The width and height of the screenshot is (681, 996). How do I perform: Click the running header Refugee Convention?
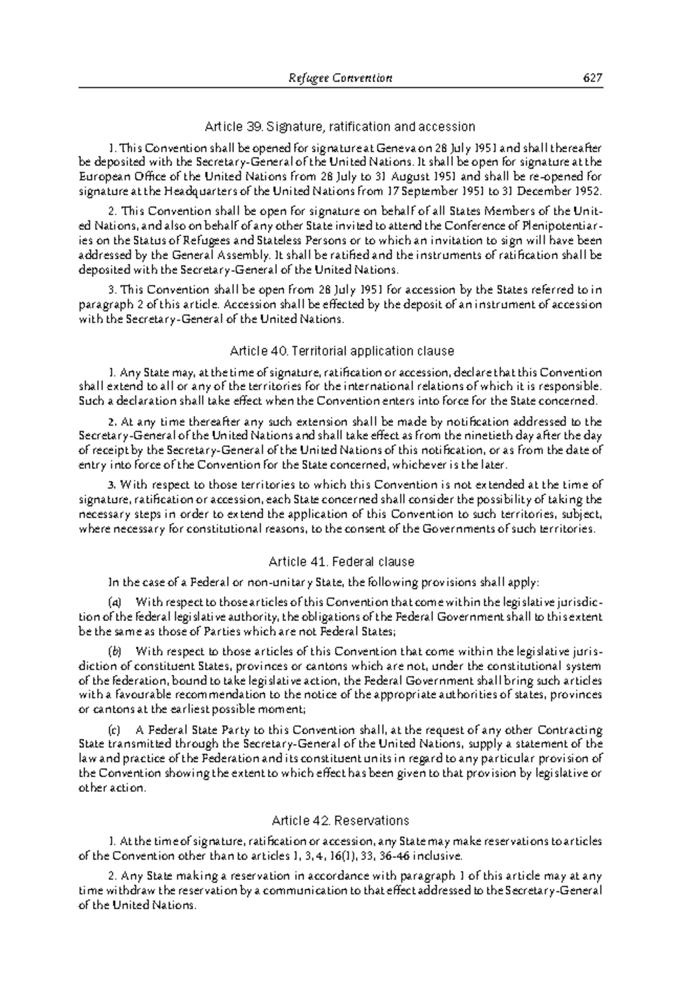340,78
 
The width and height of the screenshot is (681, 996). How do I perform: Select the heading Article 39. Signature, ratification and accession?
340,126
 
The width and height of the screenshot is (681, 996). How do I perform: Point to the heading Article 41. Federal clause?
340,562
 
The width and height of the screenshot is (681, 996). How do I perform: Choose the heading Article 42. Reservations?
340,821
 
